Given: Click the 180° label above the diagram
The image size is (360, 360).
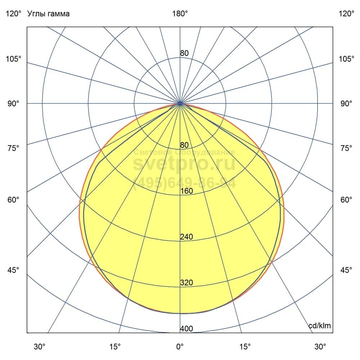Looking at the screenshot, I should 180,14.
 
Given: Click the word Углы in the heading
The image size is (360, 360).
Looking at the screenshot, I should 36,14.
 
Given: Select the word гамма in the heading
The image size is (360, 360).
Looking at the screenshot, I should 58,14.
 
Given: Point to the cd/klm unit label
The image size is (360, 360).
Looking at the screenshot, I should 320,326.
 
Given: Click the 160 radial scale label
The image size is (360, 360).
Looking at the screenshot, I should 186,191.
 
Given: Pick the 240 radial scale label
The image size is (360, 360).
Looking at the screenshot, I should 186,237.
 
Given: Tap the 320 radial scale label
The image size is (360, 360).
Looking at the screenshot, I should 186,283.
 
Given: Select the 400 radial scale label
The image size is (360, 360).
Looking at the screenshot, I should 186,329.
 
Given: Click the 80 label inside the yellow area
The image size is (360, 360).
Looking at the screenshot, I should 184,145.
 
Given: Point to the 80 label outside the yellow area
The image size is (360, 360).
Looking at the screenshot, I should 184,53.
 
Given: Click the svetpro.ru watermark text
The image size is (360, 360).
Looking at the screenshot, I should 184,164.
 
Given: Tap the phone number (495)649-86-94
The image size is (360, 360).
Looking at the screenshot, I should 184,183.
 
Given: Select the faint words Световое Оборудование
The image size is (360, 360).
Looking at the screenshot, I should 184,153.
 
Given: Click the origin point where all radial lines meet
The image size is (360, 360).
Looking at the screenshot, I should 180,104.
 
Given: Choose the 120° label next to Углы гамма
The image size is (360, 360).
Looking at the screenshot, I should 13,14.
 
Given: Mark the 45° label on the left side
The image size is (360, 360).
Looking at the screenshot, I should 13,270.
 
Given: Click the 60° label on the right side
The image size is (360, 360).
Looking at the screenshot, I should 346,200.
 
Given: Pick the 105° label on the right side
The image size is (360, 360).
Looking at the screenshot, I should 346,59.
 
